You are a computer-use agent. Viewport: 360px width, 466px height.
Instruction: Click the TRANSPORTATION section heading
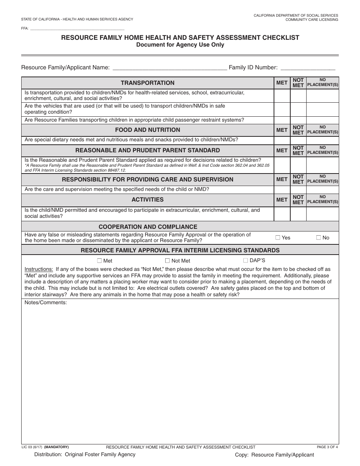147,83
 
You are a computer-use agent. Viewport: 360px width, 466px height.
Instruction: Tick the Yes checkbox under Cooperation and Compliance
278,238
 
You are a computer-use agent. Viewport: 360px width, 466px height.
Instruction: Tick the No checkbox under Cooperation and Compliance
318,238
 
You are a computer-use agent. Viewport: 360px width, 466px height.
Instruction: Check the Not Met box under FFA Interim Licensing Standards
167,261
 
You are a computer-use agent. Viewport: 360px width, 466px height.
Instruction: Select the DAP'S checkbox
245,260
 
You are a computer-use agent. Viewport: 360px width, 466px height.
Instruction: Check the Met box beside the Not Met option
99,261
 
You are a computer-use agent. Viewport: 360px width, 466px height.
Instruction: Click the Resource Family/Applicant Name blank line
170,68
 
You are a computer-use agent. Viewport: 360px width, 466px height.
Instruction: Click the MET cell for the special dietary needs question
282,140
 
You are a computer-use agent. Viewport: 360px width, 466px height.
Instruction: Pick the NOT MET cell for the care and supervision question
298,189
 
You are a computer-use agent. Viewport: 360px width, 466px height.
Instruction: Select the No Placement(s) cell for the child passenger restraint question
322,120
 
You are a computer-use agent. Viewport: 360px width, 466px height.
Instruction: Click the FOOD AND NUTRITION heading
147,130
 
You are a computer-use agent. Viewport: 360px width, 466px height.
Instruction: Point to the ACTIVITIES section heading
147,200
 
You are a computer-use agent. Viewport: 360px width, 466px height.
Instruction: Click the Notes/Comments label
45,303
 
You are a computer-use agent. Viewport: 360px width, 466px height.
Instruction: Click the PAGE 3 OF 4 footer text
327,447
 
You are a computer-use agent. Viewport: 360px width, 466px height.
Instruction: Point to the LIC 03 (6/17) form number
32,447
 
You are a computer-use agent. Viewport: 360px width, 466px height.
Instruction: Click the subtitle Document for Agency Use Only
180,45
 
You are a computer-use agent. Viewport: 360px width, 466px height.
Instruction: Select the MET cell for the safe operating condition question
282,109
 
